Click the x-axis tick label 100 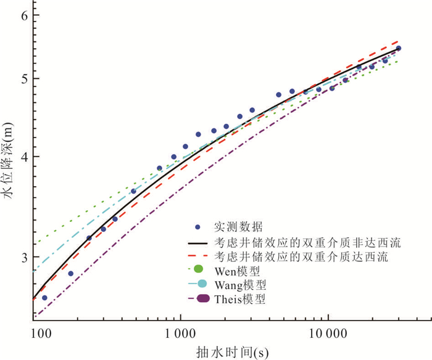point(41,333)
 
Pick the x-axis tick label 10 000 point(327,333)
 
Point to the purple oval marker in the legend point(200,300)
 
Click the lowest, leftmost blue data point point(44,298)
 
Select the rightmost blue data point point(399,48)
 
